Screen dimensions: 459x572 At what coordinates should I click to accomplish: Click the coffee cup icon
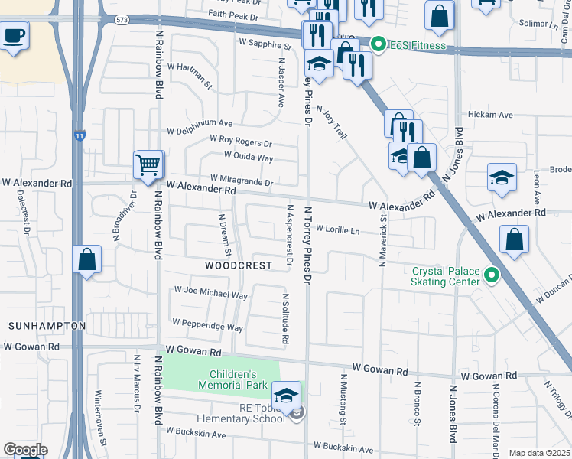coord(14,35)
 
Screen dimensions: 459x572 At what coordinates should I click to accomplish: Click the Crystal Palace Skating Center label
coord(446,276)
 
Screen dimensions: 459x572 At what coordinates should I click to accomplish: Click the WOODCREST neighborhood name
coord(239,265)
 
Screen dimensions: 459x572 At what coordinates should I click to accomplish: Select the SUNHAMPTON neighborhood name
coord(47,326)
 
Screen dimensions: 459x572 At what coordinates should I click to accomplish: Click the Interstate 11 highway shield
coord(80,135)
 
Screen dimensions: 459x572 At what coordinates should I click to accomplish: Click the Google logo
coord(24,450)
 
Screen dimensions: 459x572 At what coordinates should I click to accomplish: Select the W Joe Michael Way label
coord(211,292)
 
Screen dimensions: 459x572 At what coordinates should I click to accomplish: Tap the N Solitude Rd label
coord(285,318)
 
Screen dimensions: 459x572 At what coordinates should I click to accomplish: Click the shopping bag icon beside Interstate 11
coord(87,259)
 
